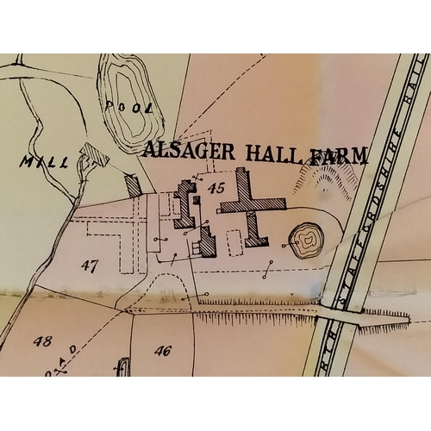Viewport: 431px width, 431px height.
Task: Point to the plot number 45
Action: tap(215, 186)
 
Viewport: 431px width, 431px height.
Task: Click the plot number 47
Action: tap(90, 265)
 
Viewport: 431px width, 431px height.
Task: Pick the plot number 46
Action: tap(163, 350)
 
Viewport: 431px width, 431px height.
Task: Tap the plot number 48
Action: tap(42, 340)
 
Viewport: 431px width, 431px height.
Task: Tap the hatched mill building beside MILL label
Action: tap(91, 156)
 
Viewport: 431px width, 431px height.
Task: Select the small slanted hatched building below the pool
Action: tap(133, 185)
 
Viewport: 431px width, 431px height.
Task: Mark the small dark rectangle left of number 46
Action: tap(122, 367)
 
